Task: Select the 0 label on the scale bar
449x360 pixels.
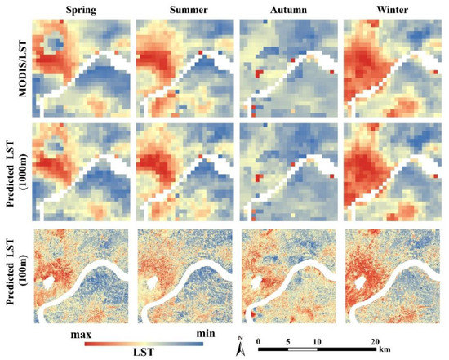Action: (258, 340)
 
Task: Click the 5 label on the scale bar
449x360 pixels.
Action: (287, 340)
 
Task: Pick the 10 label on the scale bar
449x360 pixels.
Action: (318, 340)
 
